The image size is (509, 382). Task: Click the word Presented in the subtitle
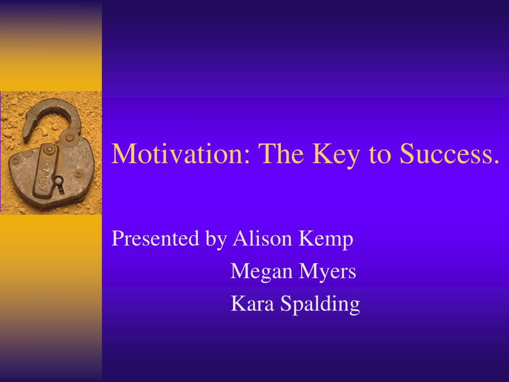pyautogui.click(x=155, y=238)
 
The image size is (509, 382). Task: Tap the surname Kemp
pyautogui.click(x=326, y=240)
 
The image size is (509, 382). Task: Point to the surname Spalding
pyautogui.click(x=320, y=305)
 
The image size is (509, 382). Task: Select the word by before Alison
pyautogui.click(x=216, y=240)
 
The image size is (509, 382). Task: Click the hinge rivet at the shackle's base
pyautogui.click(x=70, y=137)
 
